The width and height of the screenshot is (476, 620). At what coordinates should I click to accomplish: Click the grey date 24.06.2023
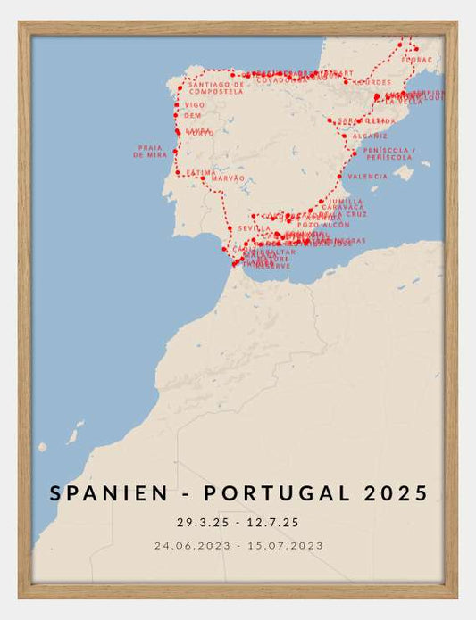tap(191, 545)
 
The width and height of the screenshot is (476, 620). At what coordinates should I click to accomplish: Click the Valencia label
tap(368, 177)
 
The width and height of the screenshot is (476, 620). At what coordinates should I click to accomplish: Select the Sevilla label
tap(255, 228)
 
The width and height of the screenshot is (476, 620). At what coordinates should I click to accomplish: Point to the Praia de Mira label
tap(150, 151)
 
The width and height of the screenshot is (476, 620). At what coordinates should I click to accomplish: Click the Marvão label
tap(228, 178)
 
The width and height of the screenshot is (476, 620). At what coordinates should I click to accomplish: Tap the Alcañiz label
tap(370, 136)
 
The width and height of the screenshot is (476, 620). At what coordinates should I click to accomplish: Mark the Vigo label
tap(195, 104)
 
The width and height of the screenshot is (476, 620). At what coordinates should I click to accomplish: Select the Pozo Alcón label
tap(319, 224)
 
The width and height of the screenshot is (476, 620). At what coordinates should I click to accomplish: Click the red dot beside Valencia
tap(339, 177)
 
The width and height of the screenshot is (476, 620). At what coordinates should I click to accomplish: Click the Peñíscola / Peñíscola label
tap(388, 153)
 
